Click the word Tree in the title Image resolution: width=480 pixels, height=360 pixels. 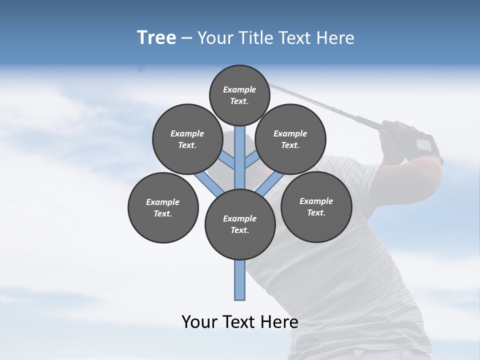tap(156, 37)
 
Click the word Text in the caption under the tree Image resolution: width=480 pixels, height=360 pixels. tap(240, 322)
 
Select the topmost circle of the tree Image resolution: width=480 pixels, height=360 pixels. tap(239, 95)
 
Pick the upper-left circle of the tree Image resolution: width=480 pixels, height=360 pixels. tap(187, 139)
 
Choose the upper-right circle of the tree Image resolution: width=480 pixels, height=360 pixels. tap(290, 139)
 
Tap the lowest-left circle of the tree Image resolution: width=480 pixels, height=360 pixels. tap(163, 207)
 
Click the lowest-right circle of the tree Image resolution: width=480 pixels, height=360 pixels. tap(316, 206)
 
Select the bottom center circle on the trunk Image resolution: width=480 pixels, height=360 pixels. tap(240, 224)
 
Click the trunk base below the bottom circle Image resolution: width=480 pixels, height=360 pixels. tap(240, 280)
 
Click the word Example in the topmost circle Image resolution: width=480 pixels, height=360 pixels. tap(239, 89)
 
